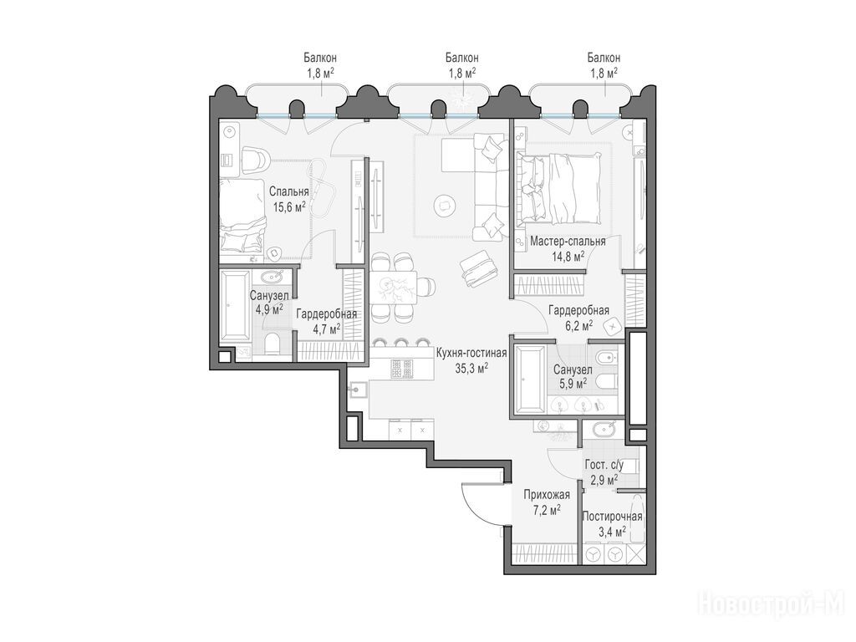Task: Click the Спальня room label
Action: click(288, 192)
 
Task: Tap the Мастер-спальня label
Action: click(568, 242)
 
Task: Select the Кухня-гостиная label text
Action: click(471, 354)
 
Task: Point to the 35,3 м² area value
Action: click(471, 368)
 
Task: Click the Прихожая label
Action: click(547, 495)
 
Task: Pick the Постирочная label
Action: click(612, 517)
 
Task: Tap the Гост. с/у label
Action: click(604, 466)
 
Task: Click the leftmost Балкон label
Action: click(320, 58)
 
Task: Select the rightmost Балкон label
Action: click(604, 58)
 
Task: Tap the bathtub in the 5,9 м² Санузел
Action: click(528, 379)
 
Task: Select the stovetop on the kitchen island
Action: click(403, 369)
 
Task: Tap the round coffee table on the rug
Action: click(445, 206)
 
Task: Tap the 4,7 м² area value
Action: click(327, 329)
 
